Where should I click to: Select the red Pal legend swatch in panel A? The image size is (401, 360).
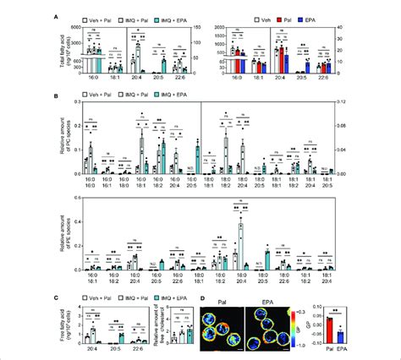(x=265, y=15)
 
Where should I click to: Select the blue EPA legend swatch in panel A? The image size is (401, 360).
(x=292, y=15)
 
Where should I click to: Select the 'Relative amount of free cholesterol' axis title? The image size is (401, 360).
(x=151, y=323)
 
